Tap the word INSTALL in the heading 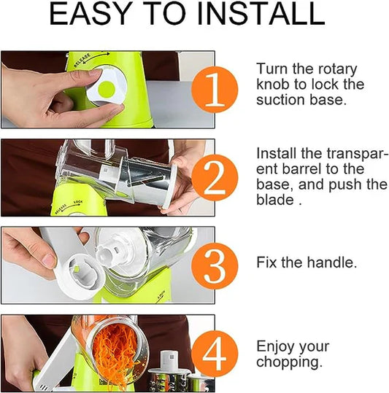pos(261,14)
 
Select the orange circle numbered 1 pos(215,90)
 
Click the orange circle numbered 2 pos(215,177)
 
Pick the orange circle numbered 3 pos(215,265)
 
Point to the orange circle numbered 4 pos(215,354)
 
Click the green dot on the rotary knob pos(107,89)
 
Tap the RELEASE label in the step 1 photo pos(82,61)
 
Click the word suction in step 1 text pos(281,100)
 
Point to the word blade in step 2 pos(275,200)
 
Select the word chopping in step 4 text pos(289,362)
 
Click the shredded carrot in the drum pos(115,351)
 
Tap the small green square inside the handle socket pos(77,268)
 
